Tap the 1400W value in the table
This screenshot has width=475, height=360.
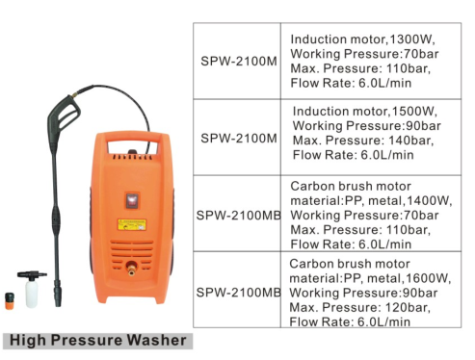[429, 201]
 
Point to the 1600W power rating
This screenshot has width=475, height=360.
[428, 278]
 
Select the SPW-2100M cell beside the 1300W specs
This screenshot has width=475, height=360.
[239, 61]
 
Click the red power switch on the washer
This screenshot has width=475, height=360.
[132, 201]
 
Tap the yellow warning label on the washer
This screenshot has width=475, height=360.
[132, 224]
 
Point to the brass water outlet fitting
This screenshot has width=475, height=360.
[131, 269]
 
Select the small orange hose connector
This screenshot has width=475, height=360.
[10, 300]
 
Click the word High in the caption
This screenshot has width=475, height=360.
[28, 341]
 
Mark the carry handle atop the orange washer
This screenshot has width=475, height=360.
[133, 137]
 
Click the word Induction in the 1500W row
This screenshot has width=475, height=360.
[321, 112]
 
